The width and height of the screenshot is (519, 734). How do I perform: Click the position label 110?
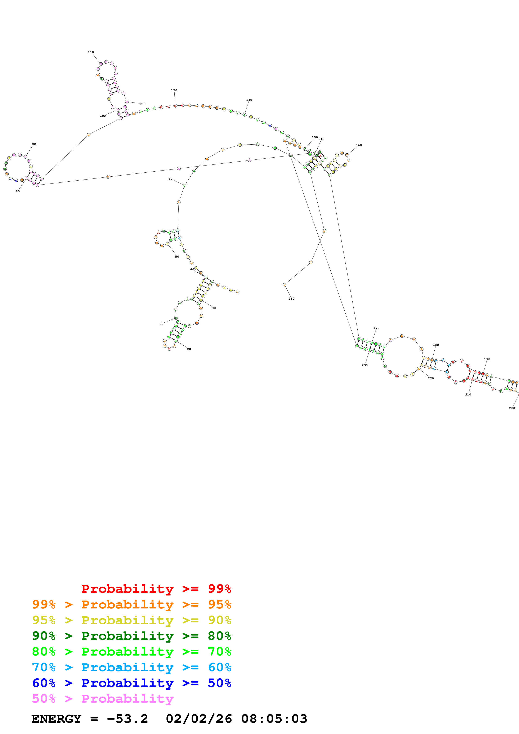point(91,52)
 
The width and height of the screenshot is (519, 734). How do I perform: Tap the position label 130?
point(174,90)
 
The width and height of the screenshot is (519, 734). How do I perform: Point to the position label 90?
point(34,144)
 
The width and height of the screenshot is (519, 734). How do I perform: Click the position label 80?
point(18,191)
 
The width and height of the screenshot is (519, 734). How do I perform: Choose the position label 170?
point(376,328)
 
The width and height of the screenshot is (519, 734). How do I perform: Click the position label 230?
point(364,365)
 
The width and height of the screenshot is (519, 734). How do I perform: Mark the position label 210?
point(468,394)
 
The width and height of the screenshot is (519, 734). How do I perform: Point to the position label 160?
point(359,145)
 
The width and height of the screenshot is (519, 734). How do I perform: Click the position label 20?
point(189,349)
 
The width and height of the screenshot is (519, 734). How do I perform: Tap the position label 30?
point(161,324)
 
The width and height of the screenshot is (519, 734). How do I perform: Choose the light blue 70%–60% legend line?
point(131,667)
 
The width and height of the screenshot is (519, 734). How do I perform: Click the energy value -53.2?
point(127,719)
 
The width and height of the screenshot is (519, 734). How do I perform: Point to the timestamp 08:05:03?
point(274,719)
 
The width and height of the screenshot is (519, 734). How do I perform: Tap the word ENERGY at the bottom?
point(56,719)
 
